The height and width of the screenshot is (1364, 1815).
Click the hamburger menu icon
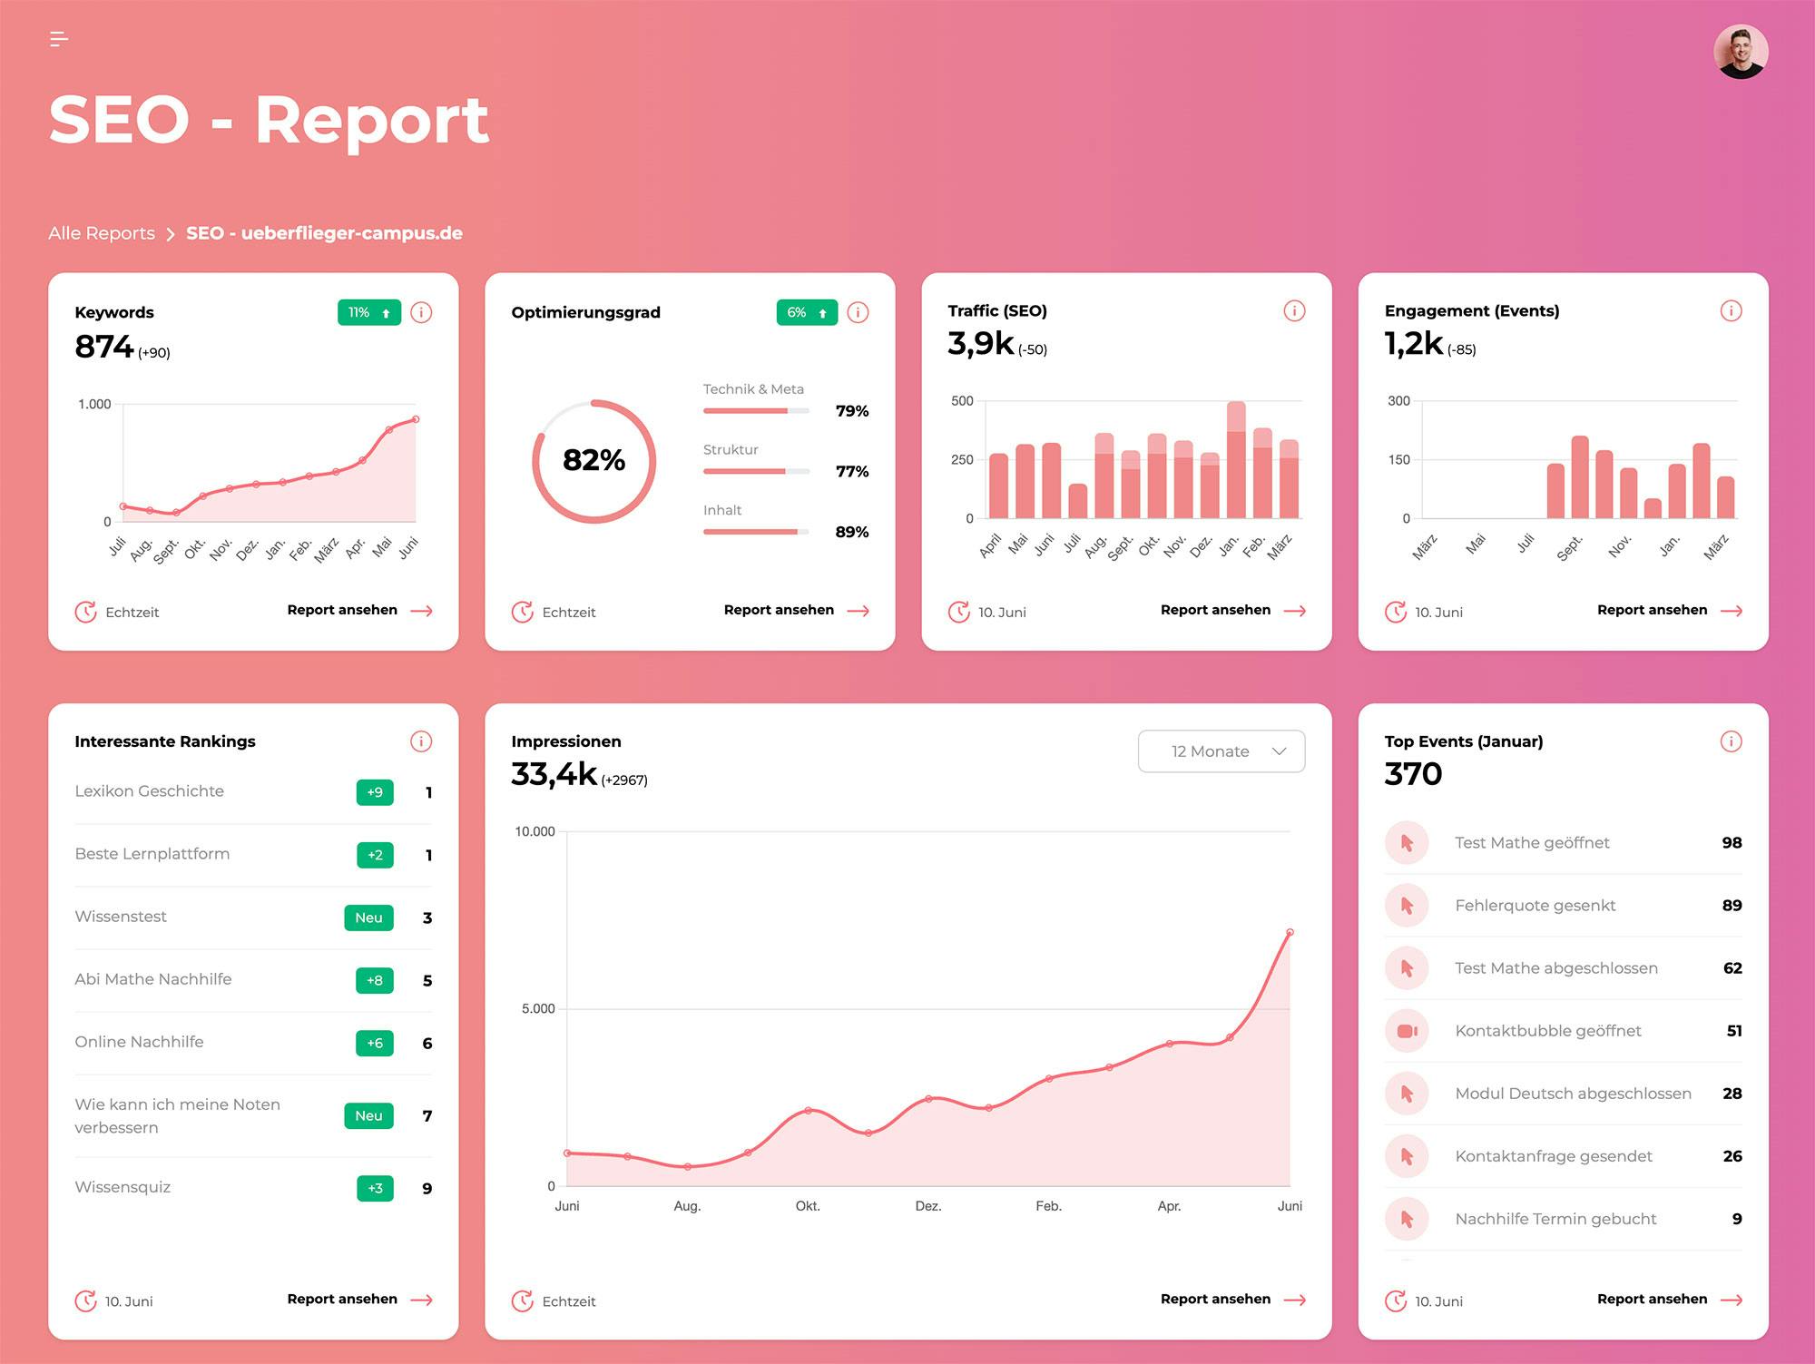pos(59,39)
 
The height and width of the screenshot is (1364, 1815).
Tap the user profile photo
pos(1740,52)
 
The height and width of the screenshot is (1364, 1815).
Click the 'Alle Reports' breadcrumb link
pos(102,233)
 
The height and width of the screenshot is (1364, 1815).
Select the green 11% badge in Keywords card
pos(368,312)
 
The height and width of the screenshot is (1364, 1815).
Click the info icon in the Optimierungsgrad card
pos(858,312)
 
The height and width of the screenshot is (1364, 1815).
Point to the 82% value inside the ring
pos(594,460)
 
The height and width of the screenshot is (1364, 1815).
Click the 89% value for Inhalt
pos(851,532)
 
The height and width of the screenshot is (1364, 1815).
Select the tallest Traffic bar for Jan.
pos(1235,460)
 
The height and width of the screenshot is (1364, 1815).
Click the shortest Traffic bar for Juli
pos(1077,501)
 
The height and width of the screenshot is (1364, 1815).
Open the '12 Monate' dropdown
pos(1221,751)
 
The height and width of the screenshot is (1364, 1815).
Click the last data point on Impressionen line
pos(1290,932)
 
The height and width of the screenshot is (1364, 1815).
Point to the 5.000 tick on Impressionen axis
pos(537,1008)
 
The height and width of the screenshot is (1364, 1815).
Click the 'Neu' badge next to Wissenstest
pos(368,918)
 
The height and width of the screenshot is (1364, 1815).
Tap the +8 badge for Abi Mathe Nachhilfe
pos(375,980)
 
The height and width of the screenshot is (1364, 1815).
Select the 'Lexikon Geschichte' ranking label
pos(149,791)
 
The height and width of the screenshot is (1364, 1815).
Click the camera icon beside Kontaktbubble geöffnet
pos(1407,1031)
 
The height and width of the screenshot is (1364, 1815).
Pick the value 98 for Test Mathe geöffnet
pos(1731,842)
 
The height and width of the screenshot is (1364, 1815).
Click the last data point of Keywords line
pos(416,419)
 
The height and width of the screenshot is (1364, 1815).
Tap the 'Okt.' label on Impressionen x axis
pos(807,1206)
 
